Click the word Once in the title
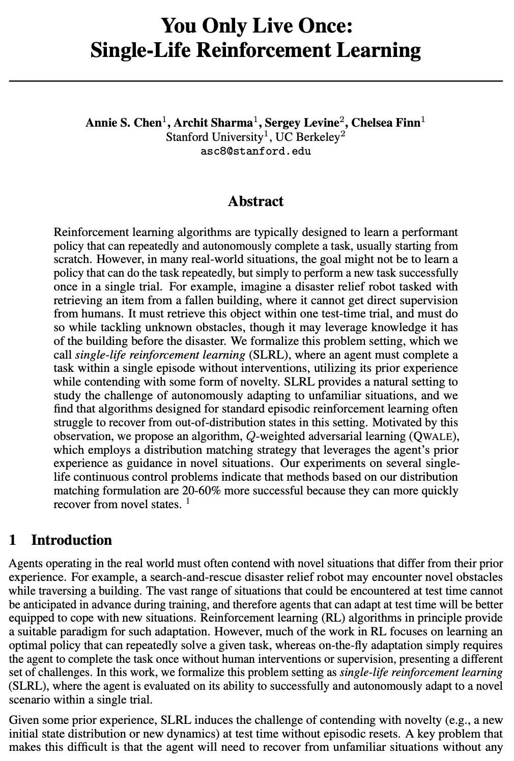tap(325, 25)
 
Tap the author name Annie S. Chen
tap(123, 123)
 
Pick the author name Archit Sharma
tap(213, 123)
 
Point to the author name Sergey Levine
tap(302, 123)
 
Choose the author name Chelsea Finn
tap(386, 123)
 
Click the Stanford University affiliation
tap(212, 137)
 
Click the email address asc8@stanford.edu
tap(256, 151)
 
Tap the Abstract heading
tap(255, 201)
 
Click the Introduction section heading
tap(71, 540)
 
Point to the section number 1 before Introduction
tap(13, 540)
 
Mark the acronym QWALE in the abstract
tap(433, 436)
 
